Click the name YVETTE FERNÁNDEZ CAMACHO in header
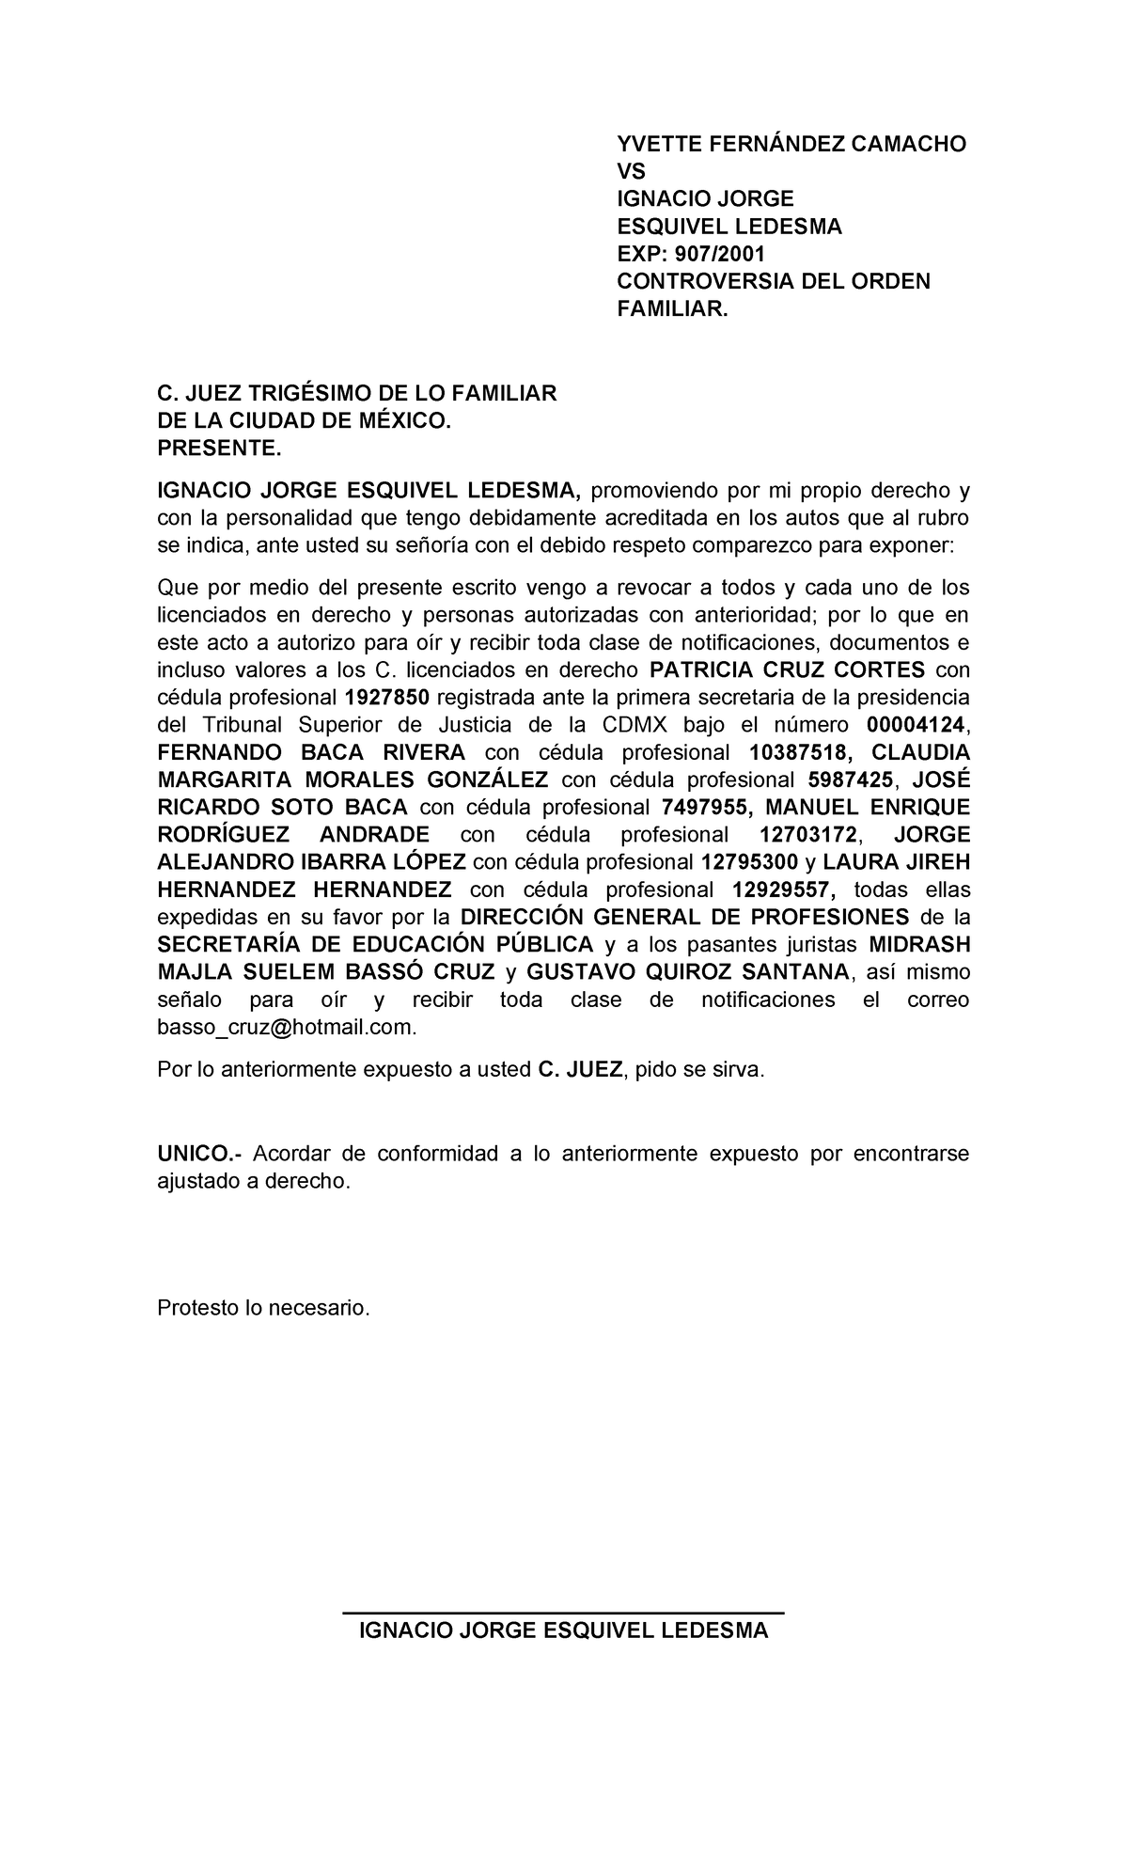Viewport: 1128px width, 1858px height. tap(791, 144)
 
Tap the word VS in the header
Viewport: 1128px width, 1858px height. tap(631, 171)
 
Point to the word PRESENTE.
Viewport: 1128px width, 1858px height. tap(219, 449)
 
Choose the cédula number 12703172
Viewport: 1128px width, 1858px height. tap(808, 835)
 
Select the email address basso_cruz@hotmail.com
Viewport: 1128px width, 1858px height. tap(286, 1028)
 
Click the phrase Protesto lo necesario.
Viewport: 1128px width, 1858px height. tap(263, 1308)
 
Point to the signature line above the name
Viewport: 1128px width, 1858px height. tap(562, 1614)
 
